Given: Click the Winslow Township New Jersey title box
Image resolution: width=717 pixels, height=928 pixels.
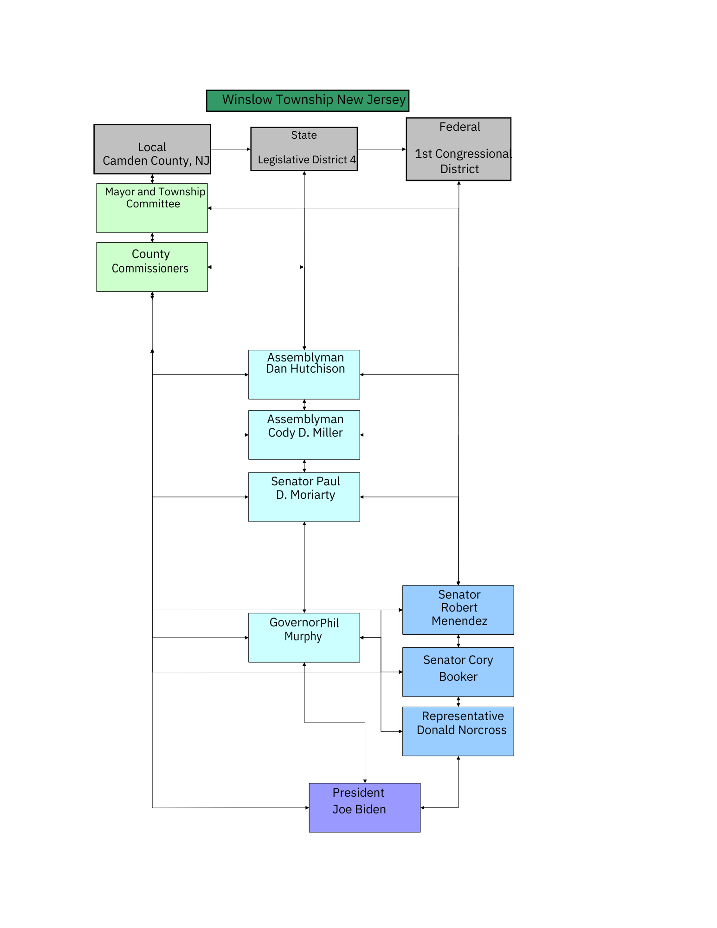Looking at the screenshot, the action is [x=307, y=100].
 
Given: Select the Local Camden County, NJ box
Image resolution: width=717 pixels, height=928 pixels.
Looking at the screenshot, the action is [x=152, y=149].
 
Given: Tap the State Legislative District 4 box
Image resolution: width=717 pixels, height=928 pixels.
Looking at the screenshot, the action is [x=304, y=148].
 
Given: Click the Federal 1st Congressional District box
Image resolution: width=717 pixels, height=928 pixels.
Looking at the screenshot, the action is [x=459, y=149].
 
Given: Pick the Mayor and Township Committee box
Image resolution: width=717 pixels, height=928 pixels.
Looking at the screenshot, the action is [x=152, y=208].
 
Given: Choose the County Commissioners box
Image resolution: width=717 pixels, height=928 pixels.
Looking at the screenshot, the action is [x=152, y=267].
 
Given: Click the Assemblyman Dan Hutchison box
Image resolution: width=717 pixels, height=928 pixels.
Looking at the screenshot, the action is [x=304, y=374].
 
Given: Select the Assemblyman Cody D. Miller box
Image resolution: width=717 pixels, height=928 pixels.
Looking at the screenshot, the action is [x=304, y=435].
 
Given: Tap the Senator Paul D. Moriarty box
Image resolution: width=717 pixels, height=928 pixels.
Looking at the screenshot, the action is [x=304, y=497].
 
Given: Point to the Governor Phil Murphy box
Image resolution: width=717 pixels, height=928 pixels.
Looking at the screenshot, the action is [x=304, y=638].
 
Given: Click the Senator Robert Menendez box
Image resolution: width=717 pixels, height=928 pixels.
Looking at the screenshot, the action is [x=458, y=610].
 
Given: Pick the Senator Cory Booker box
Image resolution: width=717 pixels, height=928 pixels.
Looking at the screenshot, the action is [x=458, y=672].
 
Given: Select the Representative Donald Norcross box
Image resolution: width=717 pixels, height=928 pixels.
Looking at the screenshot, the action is [x=458, y=731].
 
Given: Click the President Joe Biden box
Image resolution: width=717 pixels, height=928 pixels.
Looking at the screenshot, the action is [x=365, y=808].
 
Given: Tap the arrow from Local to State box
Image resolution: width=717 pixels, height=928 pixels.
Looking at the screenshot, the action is [x=231, y=149].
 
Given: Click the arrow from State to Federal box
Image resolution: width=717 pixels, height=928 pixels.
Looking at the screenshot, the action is [x=382, y=149].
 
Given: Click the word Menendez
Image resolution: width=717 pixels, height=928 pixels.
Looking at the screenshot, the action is [x=459, y=621].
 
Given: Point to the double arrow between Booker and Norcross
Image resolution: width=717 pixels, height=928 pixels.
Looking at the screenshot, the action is [x=459, y=702].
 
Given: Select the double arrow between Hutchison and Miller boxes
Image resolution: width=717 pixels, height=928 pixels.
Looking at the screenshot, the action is [x=304, y=405].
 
